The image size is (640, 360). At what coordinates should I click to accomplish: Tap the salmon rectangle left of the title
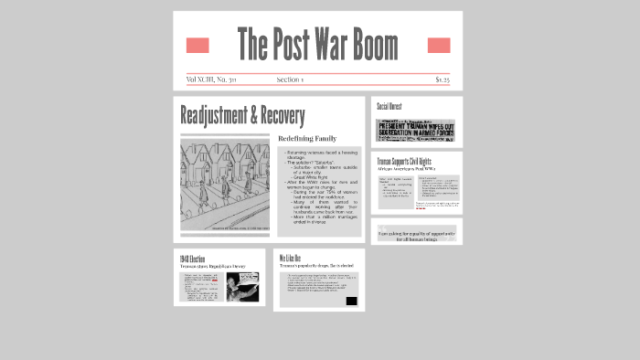pos(197,46)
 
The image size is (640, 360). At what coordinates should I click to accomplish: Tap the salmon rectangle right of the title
pos(439,46)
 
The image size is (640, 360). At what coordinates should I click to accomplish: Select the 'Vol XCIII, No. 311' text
pos(211,79)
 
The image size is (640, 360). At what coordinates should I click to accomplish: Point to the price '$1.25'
pos(443,79)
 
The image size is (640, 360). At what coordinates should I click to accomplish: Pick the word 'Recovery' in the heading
pos(283,116)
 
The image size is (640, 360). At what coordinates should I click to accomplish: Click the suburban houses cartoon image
pos(225,183)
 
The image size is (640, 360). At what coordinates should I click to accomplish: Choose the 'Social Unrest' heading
pos(390,107)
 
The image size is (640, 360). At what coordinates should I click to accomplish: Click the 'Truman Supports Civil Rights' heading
pos(404,162)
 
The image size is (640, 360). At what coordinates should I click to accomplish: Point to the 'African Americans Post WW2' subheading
pos(406,169)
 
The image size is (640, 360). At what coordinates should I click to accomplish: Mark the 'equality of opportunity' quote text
pos(417,236)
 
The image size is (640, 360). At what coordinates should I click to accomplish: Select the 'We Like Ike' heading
pos(290,258)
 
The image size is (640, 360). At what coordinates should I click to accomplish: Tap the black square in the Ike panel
pos(351,301)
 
